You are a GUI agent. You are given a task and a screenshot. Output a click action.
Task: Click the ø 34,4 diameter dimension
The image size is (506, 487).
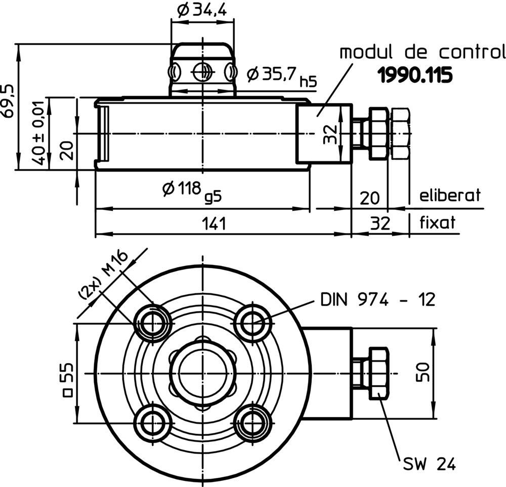[202, 10]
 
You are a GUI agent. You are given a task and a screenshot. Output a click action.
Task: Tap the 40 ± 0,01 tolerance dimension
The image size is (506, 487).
[38, 133]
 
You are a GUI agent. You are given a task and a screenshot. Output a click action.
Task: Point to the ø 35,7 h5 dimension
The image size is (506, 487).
[282, 76]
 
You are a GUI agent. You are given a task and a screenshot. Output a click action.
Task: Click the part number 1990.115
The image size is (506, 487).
[415, 75]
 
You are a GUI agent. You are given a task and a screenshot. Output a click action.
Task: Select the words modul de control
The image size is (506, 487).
[423, 52]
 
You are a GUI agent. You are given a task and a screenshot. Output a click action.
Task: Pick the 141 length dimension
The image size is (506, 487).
[214, 224]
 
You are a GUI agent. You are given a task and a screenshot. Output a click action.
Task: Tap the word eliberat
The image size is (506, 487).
[450, 195]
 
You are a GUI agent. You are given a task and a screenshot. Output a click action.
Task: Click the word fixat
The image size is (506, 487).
[437, 222]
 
